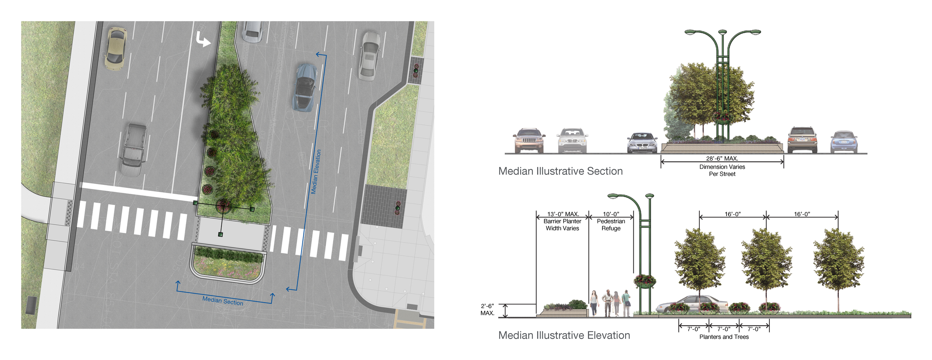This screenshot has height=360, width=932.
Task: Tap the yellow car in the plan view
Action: pyautogui.click(x=116, y=48)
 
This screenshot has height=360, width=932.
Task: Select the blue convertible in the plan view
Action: pyautogui.click(x=305, y=87)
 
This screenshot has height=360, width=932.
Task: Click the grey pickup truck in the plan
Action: pyautogui.click(x=133, y=149)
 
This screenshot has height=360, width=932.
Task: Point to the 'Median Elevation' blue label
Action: pyautogui.click(x=316, y=172)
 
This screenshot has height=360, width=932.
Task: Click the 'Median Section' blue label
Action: pyautogui.click(x=223, y=301)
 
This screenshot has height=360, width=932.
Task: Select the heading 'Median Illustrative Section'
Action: pyautogui.click(x=560, y=171)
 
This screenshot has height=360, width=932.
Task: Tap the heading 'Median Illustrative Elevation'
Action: pyautogui.click(x=564, y=335)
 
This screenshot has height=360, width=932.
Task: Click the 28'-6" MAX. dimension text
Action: pyautogui.click(x=722, y=158)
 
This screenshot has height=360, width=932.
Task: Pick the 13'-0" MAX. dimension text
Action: pyautogui.click(x=563, y=214)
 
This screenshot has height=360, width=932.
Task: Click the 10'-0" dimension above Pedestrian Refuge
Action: pyautogui.click(x=611, y=214)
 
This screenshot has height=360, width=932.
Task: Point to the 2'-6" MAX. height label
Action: pyautogui.click(x=487, y=309)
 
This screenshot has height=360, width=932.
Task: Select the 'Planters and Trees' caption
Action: pyautogui.click(x=724, y=337)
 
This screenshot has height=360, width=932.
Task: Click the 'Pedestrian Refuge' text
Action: pyautogui.click(x=611, y=225)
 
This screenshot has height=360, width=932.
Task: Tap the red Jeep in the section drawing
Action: pyautogui.click(x=529, y=140)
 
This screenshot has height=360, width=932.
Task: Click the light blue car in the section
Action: pyautogui.click(x=844, y=142)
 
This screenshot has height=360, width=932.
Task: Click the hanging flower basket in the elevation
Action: pyautogui.click(x=645, y=281)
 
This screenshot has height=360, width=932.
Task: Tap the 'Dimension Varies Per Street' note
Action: pyautogui.click(x=722, y=170)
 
